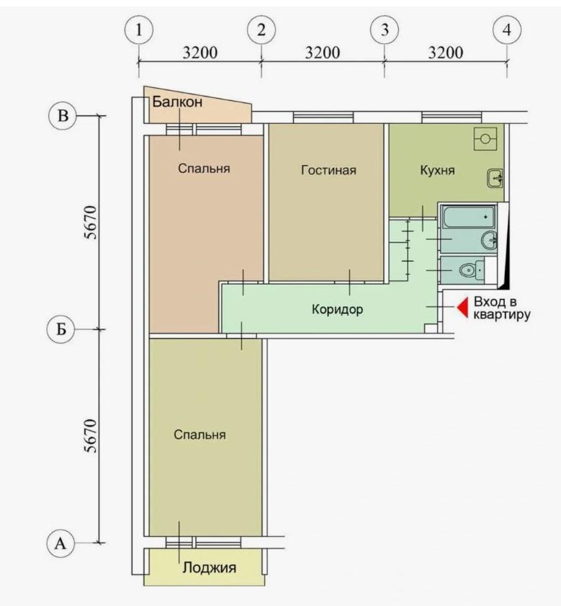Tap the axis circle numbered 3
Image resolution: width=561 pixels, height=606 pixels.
[x=384, y=30]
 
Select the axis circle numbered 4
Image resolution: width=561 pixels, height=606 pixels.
[x=507, y=30]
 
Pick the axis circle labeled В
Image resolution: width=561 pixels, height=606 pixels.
[x=62, y=115]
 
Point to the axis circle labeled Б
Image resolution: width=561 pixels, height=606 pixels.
[x=62, y=329]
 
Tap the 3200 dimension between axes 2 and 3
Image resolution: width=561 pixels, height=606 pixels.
[x=322, y=54]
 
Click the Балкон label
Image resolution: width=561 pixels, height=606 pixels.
[x=177, y=102]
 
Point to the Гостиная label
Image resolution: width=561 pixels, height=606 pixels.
[x=328, y=171]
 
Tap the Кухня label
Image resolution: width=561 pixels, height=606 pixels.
[x=437, y=171]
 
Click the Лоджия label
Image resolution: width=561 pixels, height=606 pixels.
[x=209, y=568]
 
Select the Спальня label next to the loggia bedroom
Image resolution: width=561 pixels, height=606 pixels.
[x=200, y=435]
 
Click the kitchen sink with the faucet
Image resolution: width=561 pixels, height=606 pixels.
[x=495, y=177]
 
